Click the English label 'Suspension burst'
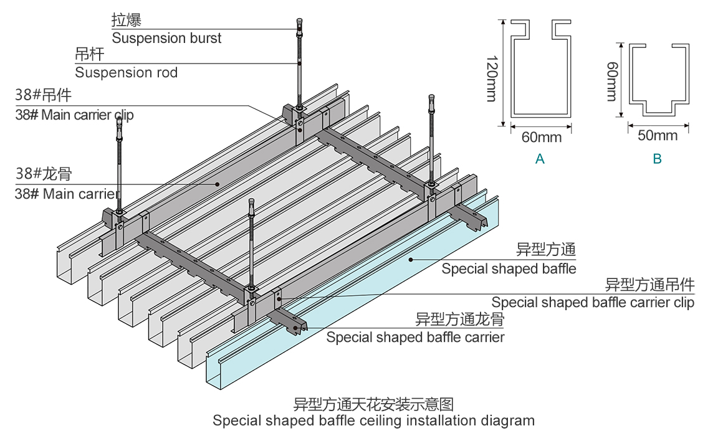166,38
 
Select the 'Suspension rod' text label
126,72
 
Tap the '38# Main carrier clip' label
74,115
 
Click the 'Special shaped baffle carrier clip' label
592,303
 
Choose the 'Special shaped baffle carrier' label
415,338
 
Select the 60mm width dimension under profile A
541,137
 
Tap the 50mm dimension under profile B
658,135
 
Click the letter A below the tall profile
540,159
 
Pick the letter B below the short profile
657,159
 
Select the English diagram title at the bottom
373,420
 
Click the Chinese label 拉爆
127,20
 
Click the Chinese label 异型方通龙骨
460,320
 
